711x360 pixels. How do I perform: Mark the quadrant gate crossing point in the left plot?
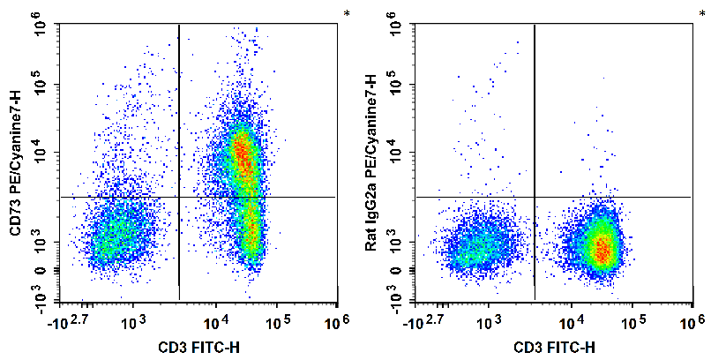(179, 197)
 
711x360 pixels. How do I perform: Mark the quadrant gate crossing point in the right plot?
(535, 197)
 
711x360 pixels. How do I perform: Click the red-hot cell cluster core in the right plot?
(602, 249)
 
